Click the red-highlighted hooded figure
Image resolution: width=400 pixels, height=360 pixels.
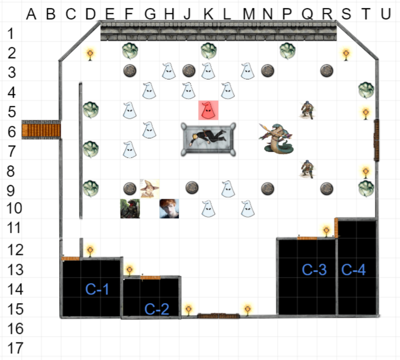[208, 110]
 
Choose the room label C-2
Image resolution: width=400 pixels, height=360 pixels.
[156, 309]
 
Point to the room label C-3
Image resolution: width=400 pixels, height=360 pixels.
[314, 270]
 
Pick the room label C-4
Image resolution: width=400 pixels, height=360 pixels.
[353, 270]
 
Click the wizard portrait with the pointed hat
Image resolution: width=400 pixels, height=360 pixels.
[150, 188]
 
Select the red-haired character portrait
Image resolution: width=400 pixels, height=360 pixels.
[169, 208]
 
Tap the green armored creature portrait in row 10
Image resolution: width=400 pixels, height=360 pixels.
[130, 208]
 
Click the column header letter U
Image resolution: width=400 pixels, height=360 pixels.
[385, 14]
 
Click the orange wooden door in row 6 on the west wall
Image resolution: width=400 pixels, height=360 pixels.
[41, 129]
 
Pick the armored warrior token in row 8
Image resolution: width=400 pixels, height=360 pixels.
[307, 169]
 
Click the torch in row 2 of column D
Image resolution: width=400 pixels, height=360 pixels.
[90, 54]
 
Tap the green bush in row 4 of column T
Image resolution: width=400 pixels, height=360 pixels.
[366, 90]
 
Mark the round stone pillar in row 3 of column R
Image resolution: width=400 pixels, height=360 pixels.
[326, 70]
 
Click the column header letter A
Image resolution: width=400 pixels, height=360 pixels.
[30, 14]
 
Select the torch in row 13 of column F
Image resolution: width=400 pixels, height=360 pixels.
[129, 271]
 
